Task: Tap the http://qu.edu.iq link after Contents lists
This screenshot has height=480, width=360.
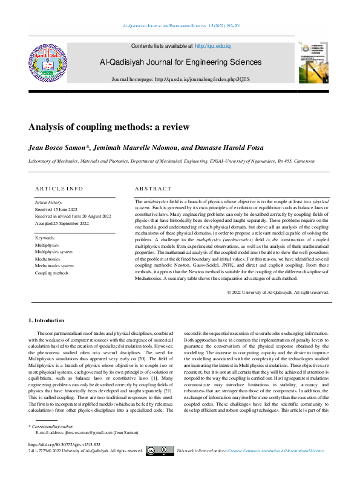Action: click(x=212, y=46)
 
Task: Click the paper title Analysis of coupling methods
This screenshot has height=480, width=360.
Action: click(x=109, y=127)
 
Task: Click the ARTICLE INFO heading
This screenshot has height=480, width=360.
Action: click(x=59, y=189)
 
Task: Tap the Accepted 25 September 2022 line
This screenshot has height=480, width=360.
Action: click(x=62, y=224)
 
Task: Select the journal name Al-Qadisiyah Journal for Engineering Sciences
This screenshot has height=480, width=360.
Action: click(x=181, y=62)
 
